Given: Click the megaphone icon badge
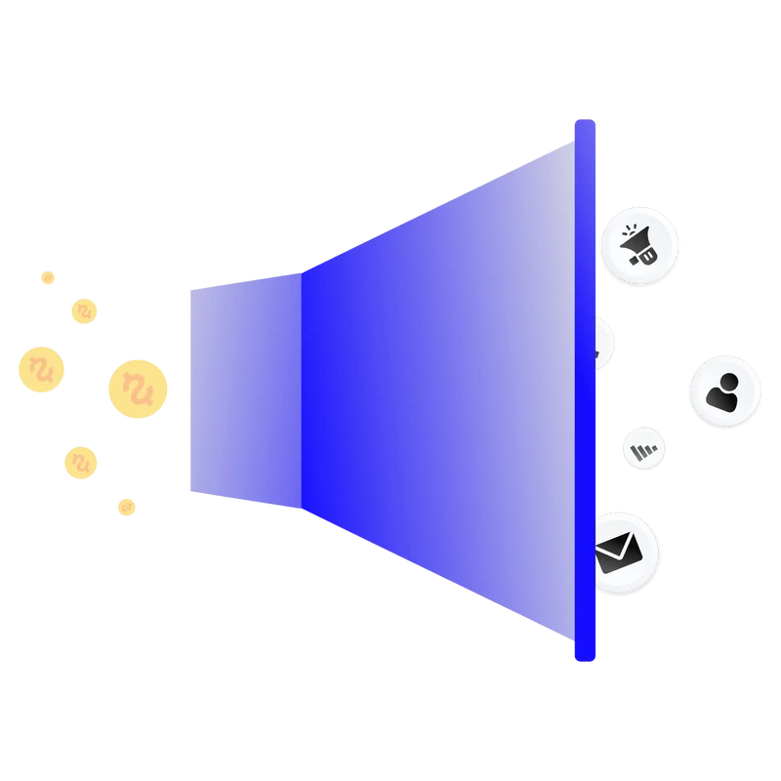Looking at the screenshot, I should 639,244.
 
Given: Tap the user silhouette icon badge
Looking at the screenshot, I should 724,391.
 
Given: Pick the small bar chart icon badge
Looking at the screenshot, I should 644,448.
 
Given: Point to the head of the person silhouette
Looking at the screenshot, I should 725,382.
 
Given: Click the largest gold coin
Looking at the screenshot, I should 137,389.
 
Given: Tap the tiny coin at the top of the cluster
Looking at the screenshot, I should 50,277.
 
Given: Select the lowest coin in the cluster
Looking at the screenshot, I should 126,506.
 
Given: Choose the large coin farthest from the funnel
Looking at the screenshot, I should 42,369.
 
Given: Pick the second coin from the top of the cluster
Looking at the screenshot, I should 86,310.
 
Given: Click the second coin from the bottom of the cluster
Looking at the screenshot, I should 81,461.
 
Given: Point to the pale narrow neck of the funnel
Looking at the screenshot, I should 244,396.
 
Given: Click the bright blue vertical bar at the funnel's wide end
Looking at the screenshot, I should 585,390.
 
